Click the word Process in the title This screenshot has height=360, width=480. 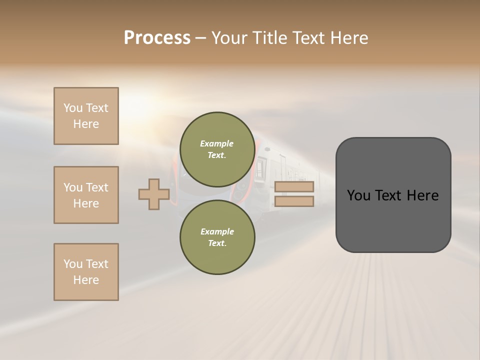coord(157,38)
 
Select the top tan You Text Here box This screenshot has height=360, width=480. coord(86,116)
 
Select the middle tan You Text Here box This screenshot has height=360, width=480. coord(86,195)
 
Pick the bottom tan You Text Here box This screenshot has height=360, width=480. coord(86,272)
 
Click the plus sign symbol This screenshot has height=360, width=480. coord(154,194)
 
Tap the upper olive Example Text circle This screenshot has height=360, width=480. coord(217,149)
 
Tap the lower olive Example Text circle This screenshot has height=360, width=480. coord(217,237)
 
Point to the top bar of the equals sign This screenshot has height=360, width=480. coord(294,187)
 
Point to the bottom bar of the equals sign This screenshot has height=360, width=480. coord(294,201)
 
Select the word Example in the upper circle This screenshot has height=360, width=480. coord(217,143)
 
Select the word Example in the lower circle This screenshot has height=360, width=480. coord(217,231)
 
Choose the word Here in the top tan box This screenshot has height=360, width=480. coord(86,124)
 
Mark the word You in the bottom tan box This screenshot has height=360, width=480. coord(73,264)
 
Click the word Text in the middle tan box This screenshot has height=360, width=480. coord(97,187)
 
